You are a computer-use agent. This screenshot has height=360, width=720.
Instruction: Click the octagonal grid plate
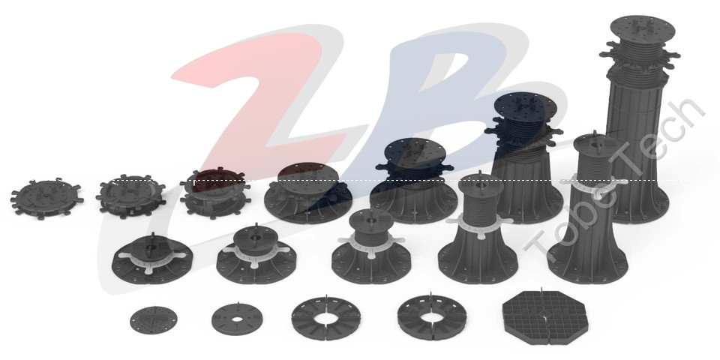point(545,317)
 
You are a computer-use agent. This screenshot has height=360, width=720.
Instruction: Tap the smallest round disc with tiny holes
point(153,320)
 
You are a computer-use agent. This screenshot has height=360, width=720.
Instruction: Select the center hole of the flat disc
point(238,319)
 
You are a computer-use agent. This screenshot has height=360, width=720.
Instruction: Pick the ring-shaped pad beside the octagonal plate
point(432,316)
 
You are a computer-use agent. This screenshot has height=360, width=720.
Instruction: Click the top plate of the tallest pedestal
point(643,28)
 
